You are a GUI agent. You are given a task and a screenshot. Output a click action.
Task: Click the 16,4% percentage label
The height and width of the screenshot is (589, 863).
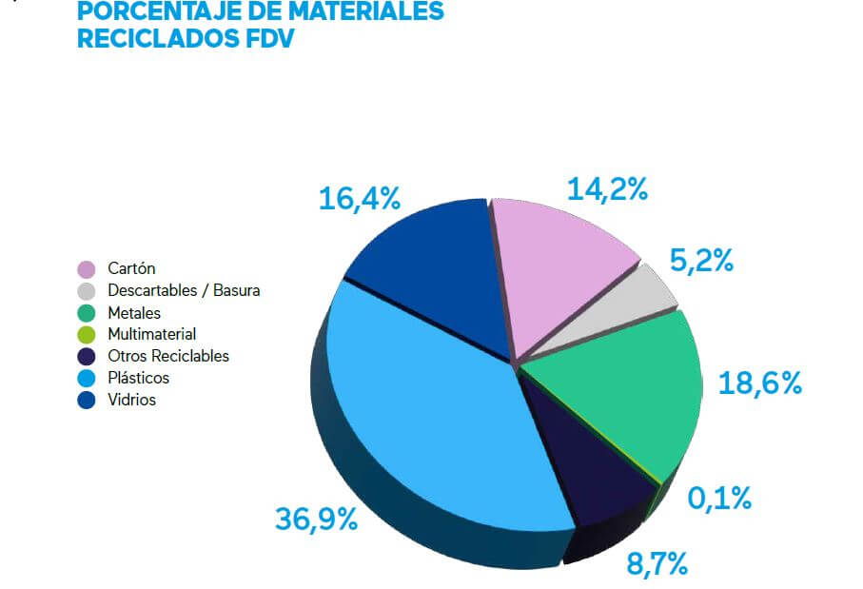pyautogui.click(x=359, y=198)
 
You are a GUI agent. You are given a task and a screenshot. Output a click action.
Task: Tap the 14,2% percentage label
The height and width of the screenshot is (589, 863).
pyautogui.click(x=607, y=188)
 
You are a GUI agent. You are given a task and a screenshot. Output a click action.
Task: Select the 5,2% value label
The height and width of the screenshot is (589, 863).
pyautogui.click(x=702, y=260)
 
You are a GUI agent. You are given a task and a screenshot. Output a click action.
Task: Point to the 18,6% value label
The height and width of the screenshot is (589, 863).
pyautogui.click(x=760, y=383)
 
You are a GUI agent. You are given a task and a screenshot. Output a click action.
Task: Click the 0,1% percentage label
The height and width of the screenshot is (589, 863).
pyautogui.click(x=720, y=497)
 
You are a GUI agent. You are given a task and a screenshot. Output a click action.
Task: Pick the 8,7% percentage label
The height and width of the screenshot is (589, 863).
pyautogui.click(x=657, y=563)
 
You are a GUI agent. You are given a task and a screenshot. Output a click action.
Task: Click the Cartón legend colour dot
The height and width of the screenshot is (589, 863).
pyautogui.click(x=87, y=269)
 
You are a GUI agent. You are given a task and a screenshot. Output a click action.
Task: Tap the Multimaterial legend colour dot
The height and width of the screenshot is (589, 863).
pyautogui.click(x=87, y=335)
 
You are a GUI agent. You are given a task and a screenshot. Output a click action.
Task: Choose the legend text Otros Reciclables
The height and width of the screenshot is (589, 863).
pyautogui.click(x=168, y=356)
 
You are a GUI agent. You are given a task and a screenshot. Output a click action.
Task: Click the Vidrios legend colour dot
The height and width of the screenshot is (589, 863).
pyautogui.click(x=87, y=401)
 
